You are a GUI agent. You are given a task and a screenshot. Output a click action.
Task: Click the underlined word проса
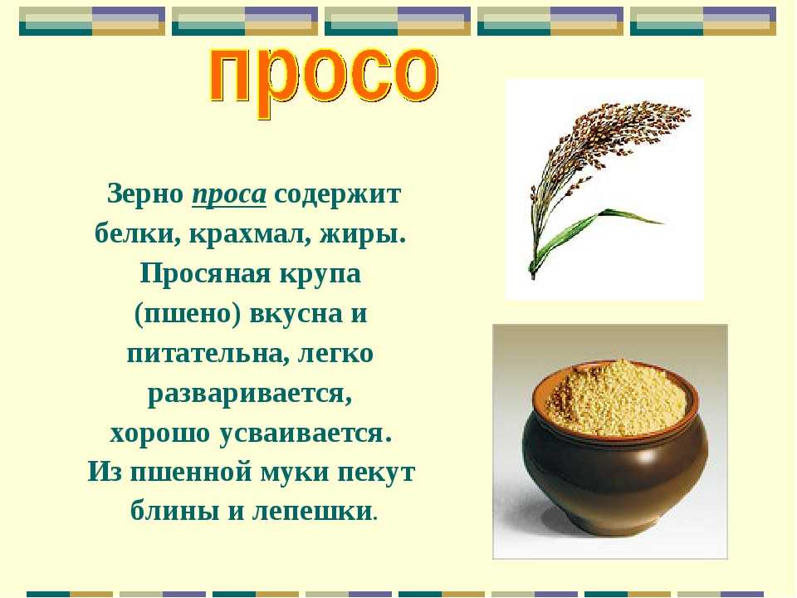coord(229,195)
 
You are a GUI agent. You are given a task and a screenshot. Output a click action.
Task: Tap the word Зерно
coord(146,194)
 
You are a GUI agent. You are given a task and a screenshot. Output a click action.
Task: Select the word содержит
coord(338,195)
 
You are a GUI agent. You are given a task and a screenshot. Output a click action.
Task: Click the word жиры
coord(363,235)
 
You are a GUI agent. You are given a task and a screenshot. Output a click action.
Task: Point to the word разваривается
coord(250,394)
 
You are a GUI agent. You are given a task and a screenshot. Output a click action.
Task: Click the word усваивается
coord(306,434)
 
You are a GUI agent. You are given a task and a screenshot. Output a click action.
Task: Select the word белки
coord(137,234)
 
